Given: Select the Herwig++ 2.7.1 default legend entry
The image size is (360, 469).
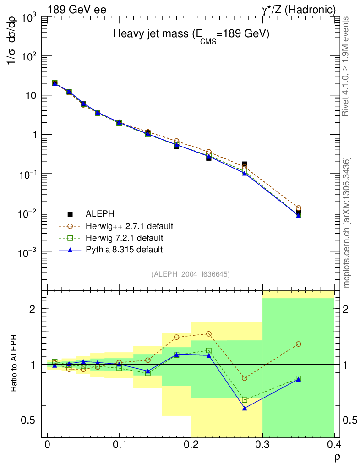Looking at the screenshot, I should click(129, 226).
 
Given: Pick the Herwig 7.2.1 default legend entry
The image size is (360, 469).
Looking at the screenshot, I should click(124, 238).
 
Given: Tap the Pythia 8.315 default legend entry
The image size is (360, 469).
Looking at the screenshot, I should click(124, 250).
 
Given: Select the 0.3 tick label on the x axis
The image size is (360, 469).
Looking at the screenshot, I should click(262, 445).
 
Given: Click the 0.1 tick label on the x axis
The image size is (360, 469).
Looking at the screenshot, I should click(119, 445).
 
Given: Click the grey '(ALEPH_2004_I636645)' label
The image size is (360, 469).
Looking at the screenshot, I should click(191, 274).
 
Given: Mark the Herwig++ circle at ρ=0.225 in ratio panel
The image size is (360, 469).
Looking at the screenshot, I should click(209, 334).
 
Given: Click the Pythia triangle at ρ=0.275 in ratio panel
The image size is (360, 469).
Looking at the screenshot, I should click(245, 408).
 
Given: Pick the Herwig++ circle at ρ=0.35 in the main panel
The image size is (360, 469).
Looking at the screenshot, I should click(299, 208).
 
